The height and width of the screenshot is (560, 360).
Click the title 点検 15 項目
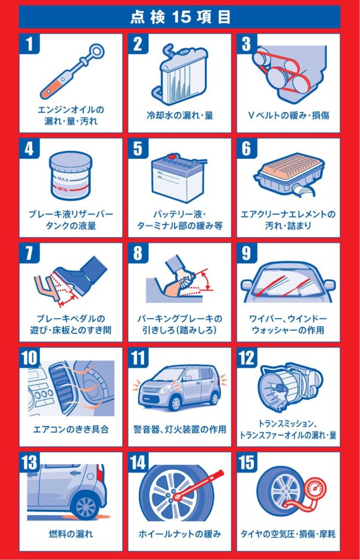coord(180,17)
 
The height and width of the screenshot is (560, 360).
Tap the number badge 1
coord(29,44)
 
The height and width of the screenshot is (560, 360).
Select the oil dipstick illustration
coord(71,71)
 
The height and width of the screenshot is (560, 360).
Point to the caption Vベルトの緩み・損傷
coord(288,115)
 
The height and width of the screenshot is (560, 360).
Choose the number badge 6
coord(246,149)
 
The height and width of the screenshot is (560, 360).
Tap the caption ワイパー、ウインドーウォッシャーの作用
coord(288,324)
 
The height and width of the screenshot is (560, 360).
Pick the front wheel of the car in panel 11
coord(175,403)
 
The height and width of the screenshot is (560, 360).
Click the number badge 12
coord(246,358)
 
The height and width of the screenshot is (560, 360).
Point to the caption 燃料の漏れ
coord(71,534)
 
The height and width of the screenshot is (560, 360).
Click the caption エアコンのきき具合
coord(71,429)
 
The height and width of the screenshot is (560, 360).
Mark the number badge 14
coord(138,463)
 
